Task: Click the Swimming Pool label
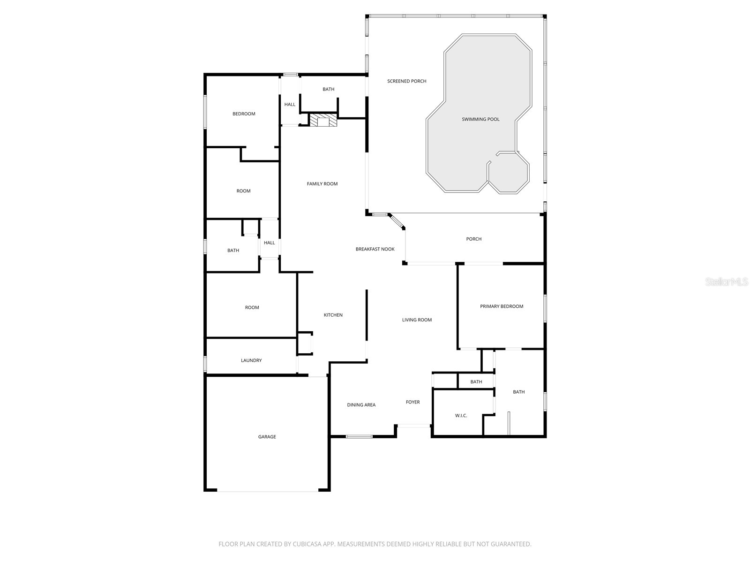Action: tap(480, 119)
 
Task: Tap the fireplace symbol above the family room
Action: tap(323, 121)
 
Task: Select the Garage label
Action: tap(267, 437)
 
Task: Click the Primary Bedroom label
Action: tap(502, 306)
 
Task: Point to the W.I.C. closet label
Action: tap(461, 416)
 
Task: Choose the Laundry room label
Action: tap(251, 360)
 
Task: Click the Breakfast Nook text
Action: tap(375, 249)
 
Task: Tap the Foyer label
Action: tap(412, 402)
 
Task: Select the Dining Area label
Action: tap(361, 405)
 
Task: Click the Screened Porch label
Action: tap(406, 81)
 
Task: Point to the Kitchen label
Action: tap(333, 315)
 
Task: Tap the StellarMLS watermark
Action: tap(727, 282)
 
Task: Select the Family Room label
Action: tap(322, 184)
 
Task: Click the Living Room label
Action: tap(417, 320)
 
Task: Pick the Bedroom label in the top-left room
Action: tap(244, 114)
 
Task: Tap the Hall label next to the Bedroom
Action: tap(290, 105)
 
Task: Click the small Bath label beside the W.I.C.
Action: tap(476, 382)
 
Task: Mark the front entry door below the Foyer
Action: tap(413, 426)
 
